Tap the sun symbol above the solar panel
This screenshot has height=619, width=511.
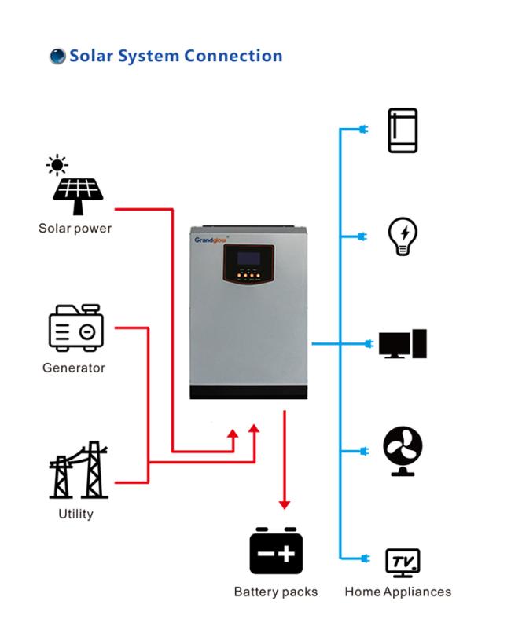57,165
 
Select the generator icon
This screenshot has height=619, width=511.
76,328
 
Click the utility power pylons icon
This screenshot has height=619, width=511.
79,470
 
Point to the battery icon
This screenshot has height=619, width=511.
276,551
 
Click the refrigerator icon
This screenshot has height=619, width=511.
403,130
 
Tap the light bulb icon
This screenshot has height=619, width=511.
403,236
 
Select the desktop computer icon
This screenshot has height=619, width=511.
403,343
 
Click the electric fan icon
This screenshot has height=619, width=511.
403,450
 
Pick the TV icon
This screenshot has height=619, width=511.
403,562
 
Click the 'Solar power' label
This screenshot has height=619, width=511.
75,229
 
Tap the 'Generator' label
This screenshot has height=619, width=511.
74,368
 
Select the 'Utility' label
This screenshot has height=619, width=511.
76,514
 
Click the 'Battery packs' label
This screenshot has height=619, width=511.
276,592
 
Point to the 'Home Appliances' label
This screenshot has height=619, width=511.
398,592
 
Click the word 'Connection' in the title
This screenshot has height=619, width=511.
233,56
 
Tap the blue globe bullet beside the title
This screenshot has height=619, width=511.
57,56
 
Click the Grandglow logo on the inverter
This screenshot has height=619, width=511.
211,240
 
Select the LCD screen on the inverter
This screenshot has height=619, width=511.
248,259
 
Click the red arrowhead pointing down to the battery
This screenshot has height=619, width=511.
285,505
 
